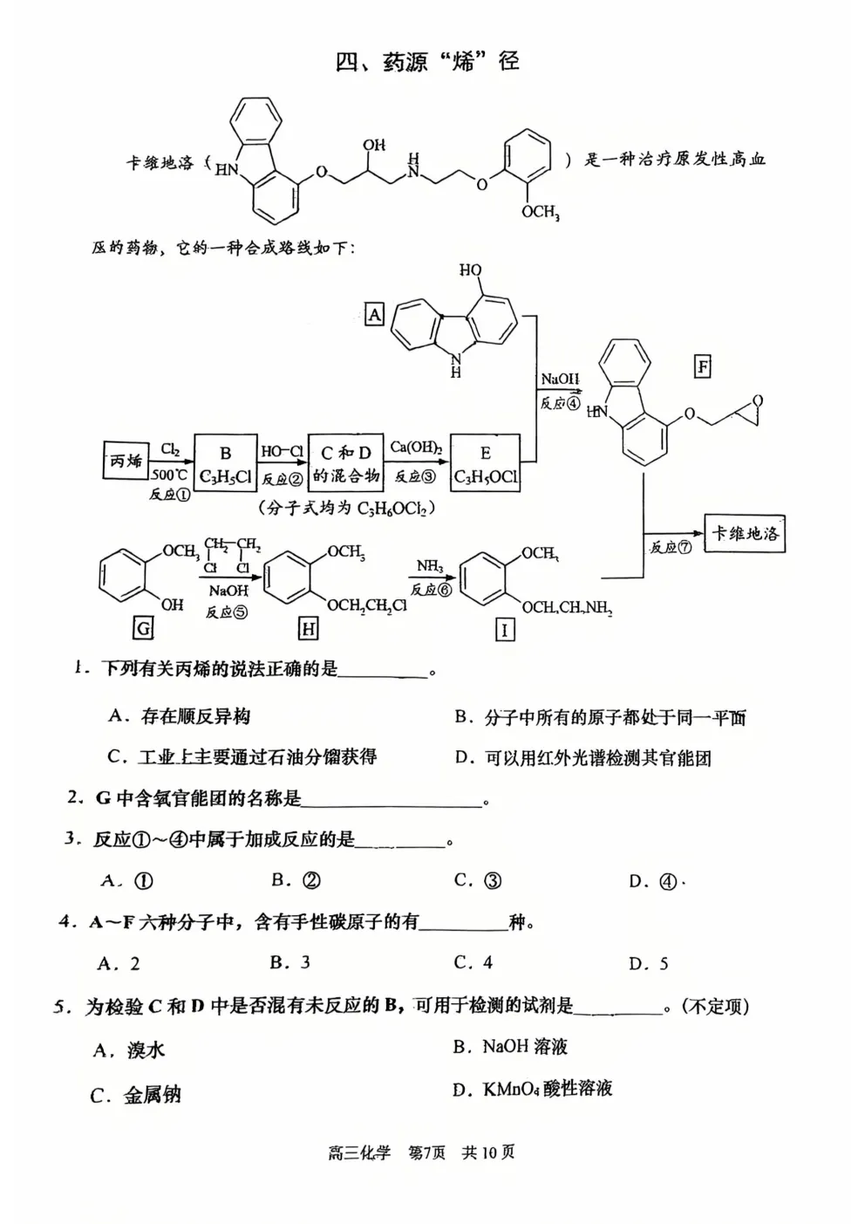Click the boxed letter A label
tap(374, 314)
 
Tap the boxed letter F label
tap(702, 366)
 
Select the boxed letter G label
tap(143, 628)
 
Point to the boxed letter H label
tap(308, 628)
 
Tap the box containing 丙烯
tap(126, 462)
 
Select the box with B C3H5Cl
tap(225, 464)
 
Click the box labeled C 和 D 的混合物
tap(345, 464)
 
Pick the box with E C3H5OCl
tap(485, 464)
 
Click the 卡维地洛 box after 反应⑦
tap(744, 533)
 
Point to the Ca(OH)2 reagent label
tap(416, 448)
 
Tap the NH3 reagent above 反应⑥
tap(430, 567)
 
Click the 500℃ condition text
tap(169, 475)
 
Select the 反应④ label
tap(560, 403)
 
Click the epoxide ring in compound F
tap(747, 410)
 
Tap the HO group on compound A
tap(471, 270)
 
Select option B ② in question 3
tap(296, 880)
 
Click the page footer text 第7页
tap(426, 1152)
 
